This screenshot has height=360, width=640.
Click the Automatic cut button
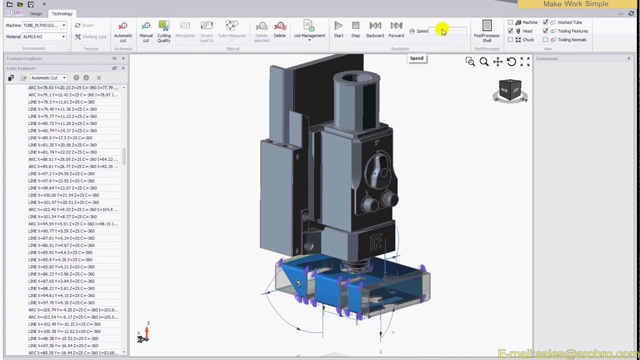[x=123, y=31]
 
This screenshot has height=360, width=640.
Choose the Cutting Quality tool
[x=164, y=31]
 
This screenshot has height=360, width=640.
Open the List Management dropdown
[x=309, y=31]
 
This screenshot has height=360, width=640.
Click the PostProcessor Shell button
[x=486, y=31]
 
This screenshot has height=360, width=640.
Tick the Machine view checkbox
[x=510, y=22]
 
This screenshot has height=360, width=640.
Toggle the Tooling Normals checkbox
[x=545, y=39]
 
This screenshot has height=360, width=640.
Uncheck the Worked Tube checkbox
[x=545, y=22]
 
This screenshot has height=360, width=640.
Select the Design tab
[x=35, y=13]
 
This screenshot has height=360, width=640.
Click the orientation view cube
[x=510, y=90]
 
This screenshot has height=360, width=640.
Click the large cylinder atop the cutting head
[x=356, y=100]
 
